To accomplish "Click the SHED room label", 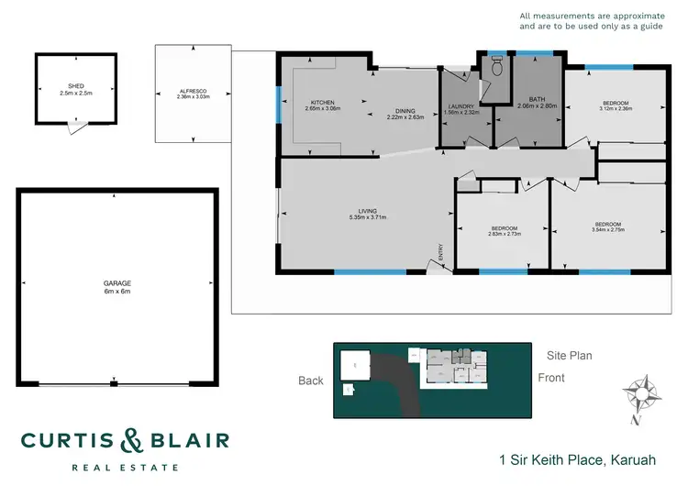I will (x=64, y=87).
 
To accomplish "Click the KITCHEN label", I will (x=322, y=102).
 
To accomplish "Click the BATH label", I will (x=538, y=99).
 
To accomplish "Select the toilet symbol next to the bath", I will (x=496, y=65).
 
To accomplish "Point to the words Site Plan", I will (x=570, y=354).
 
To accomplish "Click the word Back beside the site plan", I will (x=312, y=381).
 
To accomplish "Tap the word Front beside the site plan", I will (x=552, y=377).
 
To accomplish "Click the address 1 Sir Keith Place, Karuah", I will (x=576, y=458).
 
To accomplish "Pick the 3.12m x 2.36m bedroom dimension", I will (x=616, y=109).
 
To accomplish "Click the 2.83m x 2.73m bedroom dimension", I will (x=504, y=233).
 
